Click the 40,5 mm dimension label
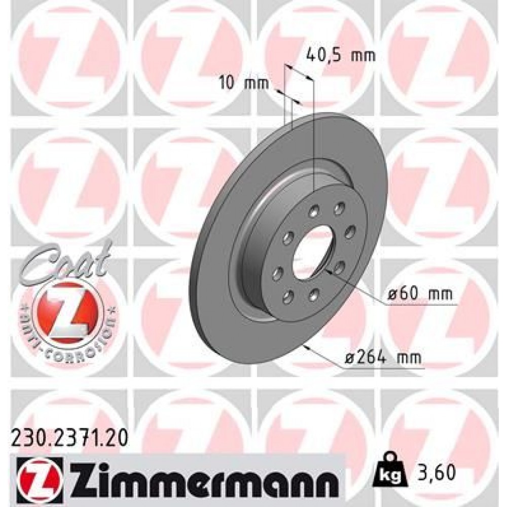pyautogui.click(x=341, y=55)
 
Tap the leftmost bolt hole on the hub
pyautogui.click(x=276, y=274)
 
